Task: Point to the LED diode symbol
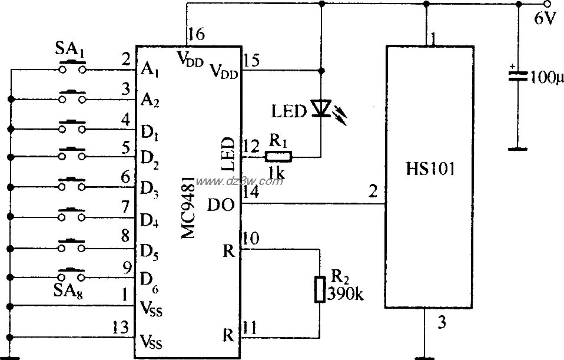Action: click(320, 108)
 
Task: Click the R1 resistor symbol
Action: click(278, 157)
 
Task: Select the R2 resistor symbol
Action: click(320, 289)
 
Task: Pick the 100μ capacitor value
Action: click(546, 77)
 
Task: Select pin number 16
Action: click(197, 35)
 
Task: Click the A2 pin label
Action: click(150, 100)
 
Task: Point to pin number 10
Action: click(251, 237)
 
